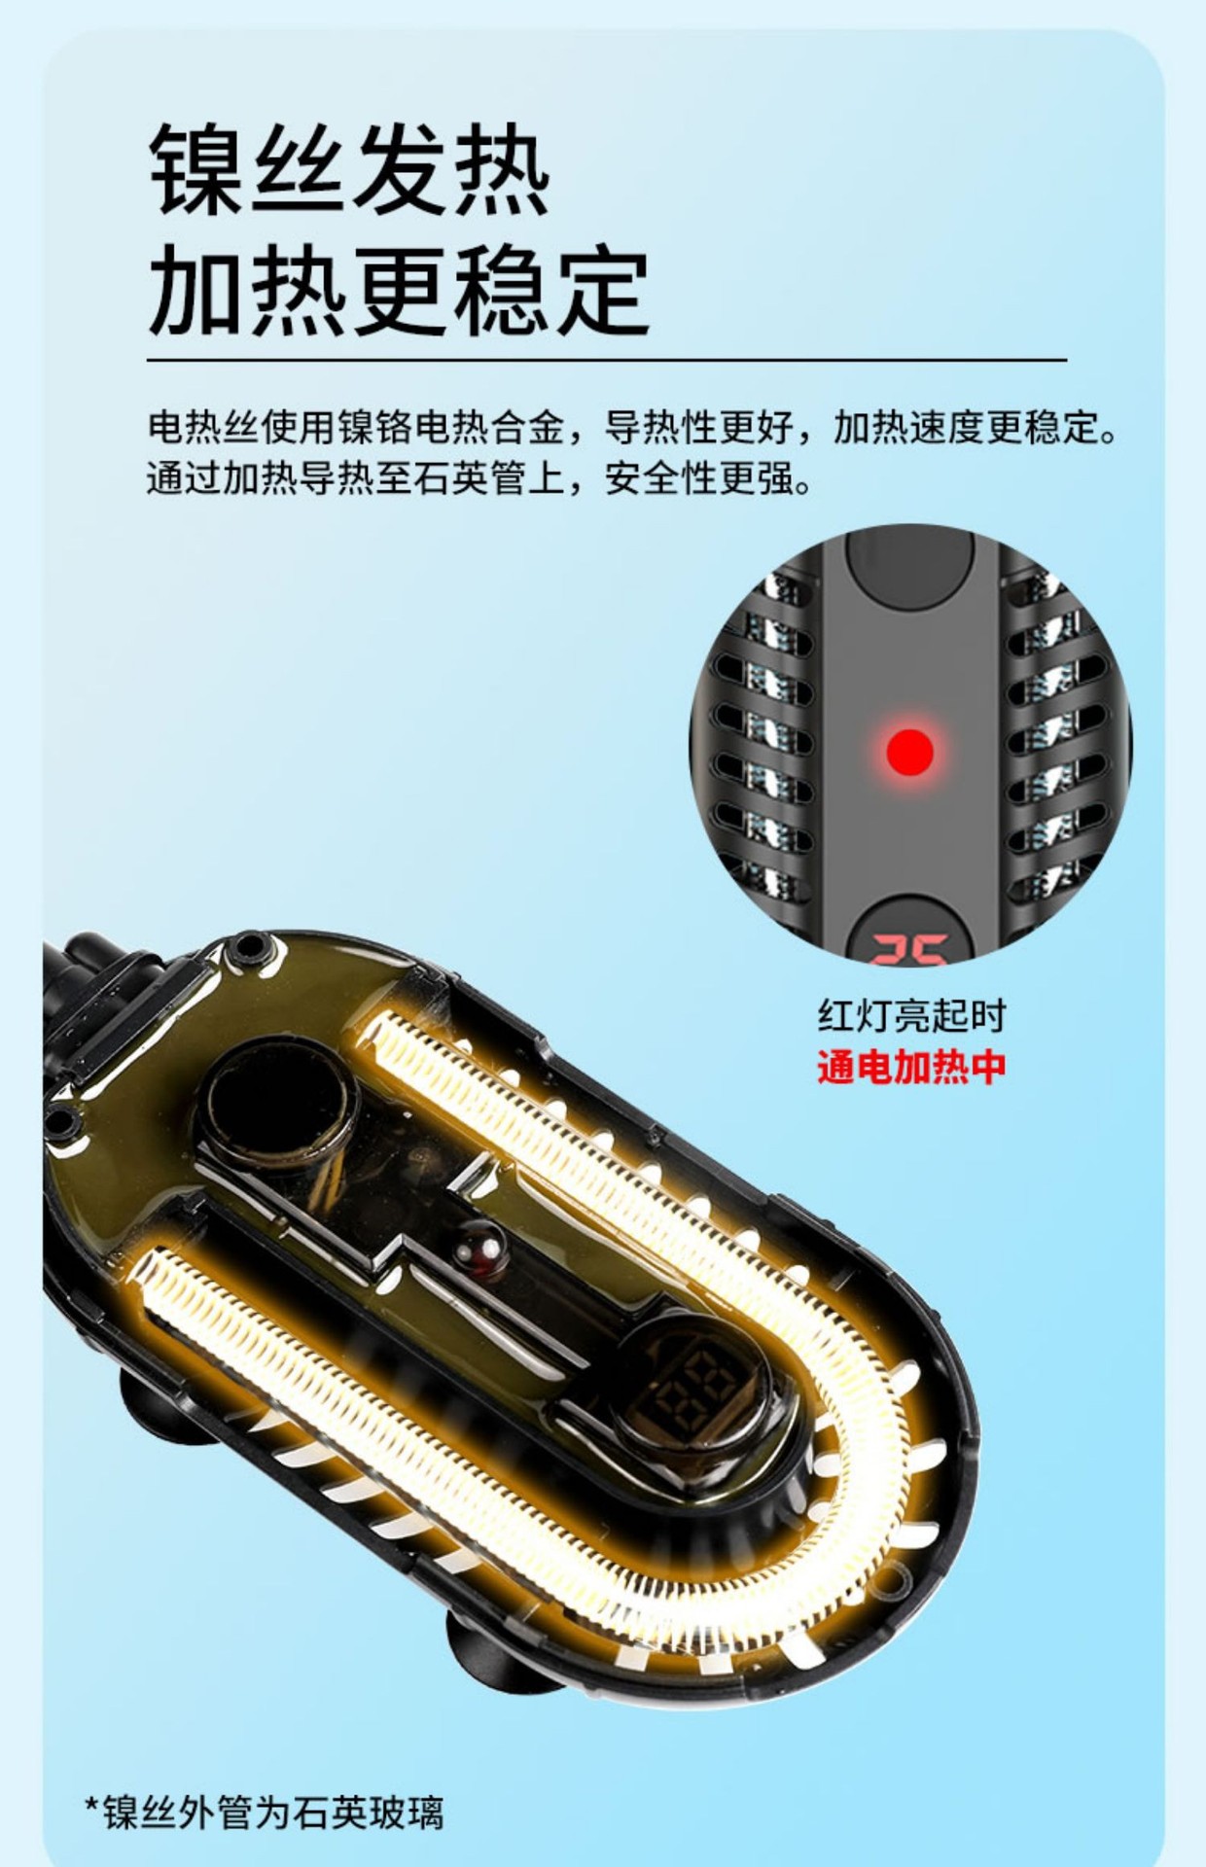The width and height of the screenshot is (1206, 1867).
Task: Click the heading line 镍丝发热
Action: click(349, 170)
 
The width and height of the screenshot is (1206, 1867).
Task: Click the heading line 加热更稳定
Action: click(399, 290)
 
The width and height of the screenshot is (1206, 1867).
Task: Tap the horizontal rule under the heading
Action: click(607, 360)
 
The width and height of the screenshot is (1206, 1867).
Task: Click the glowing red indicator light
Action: click(910, 752)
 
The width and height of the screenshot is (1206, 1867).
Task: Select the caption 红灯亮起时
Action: click(911, 1016)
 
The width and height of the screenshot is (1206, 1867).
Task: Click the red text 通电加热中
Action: click(911, 1067)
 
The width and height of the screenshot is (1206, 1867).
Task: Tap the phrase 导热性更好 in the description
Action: click(698, 427)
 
